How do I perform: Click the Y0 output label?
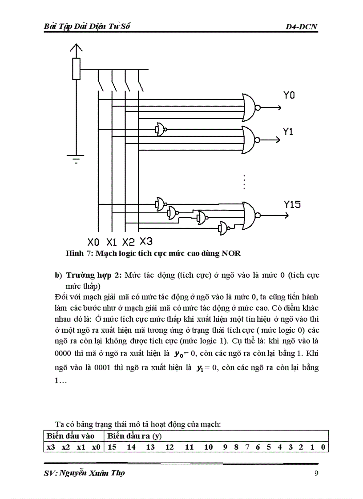(289, 95)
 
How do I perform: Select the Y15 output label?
(292, 204)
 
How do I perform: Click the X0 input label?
(93, 242)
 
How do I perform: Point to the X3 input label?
(146, 241)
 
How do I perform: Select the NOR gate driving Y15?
(250, 215)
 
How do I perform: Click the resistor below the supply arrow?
(77, 69)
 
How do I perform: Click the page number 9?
(316, 473)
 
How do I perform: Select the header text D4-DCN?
(302, 27)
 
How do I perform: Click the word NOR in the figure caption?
(231, 254)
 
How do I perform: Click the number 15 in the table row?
(112, 447)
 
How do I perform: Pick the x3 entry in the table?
(51, 447)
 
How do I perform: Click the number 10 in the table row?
(208, 447)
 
